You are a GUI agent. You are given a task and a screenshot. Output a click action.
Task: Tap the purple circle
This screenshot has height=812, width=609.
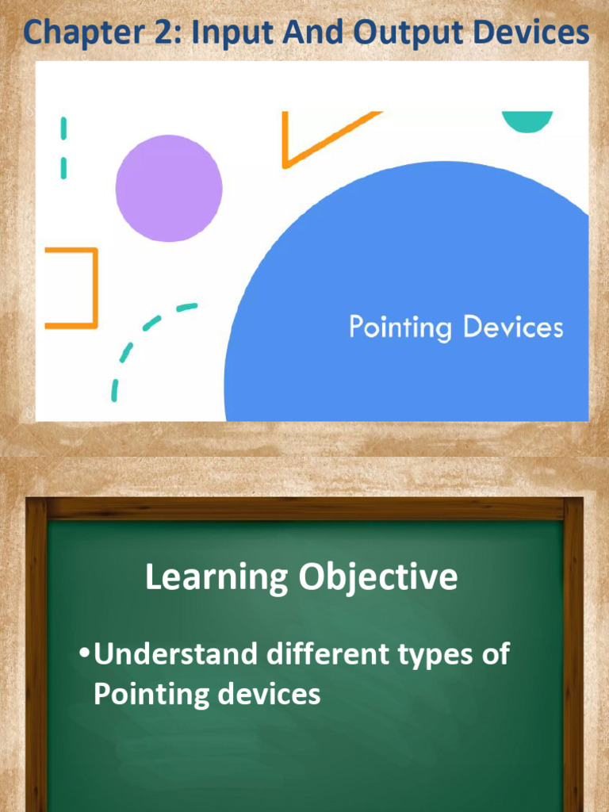[x=169, y=188]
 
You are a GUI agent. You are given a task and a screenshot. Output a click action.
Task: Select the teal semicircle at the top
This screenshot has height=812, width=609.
[x=527, y=121]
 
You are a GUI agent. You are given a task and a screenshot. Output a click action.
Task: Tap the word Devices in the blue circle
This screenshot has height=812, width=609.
[x=513, y=326]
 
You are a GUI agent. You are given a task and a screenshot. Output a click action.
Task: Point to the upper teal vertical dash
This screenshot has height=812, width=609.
[x=63, y=128]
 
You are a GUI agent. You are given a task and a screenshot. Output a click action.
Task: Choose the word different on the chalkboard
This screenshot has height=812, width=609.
[x=328, y=653]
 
